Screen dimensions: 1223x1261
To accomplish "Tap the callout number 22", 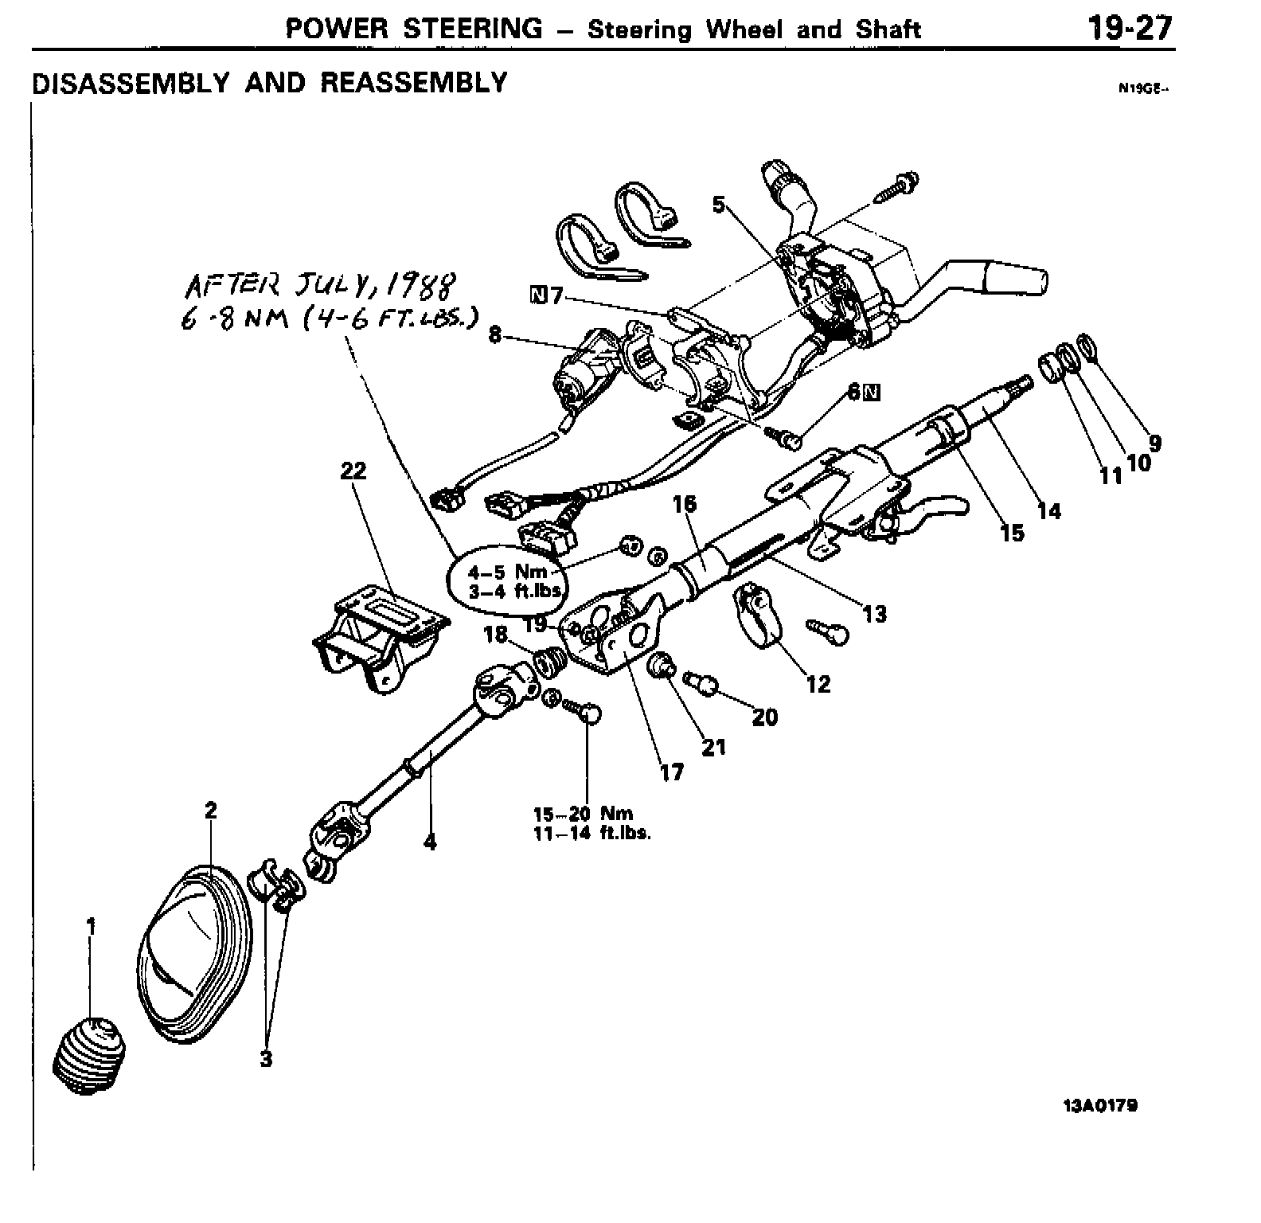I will [353, 471].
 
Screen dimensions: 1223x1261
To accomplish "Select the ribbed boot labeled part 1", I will [89, 1053].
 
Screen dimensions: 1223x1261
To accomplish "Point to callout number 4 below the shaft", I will [430, 842].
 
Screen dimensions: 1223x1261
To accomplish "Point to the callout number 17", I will [672, 772].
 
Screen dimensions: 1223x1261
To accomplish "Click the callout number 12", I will [818, 683].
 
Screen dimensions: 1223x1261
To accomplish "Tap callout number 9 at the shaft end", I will [1154, 443].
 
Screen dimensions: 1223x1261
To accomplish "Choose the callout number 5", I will [720, 205].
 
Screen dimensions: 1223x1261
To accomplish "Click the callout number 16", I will [684, 503].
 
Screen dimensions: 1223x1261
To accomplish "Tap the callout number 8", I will [495, 335].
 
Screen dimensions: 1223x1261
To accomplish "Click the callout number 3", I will [266, 1059].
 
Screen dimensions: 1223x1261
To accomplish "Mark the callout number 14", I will [1049, 510].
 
